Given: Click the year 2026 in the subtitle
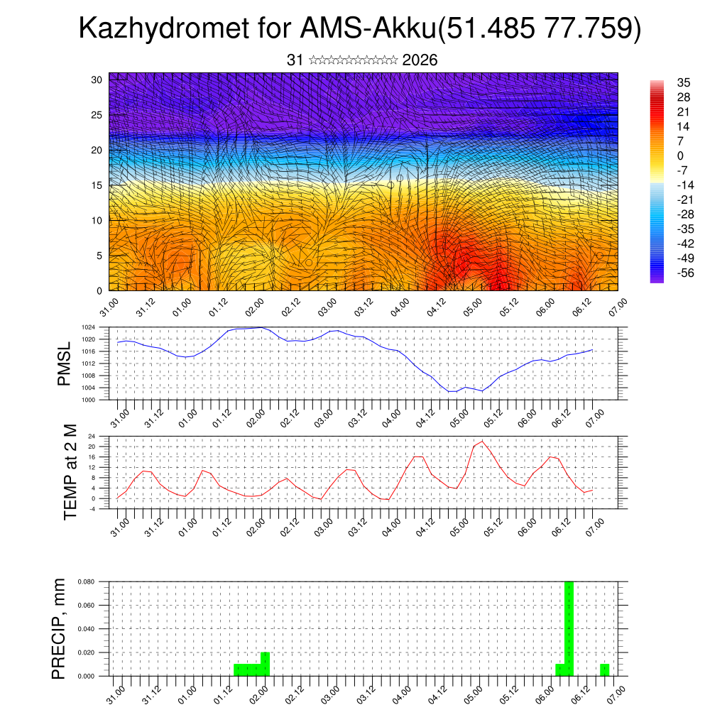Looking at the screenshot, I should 420,60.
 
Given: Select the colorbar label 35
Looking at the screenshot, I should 665,82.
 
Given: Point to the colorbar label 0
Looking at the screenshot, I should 661,155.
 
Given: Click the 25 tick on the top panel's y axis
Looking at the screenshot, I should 97,114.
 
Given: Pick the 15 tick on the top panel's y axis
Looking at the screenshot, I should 97,185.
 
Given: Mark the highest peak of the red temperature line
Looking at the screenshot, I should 483,441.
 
